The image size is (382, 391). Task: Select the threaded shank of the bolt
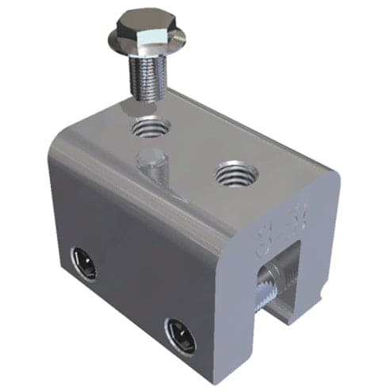pos(147,76)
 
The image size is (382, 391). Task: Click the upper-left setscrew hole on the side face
pos(82,262)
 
